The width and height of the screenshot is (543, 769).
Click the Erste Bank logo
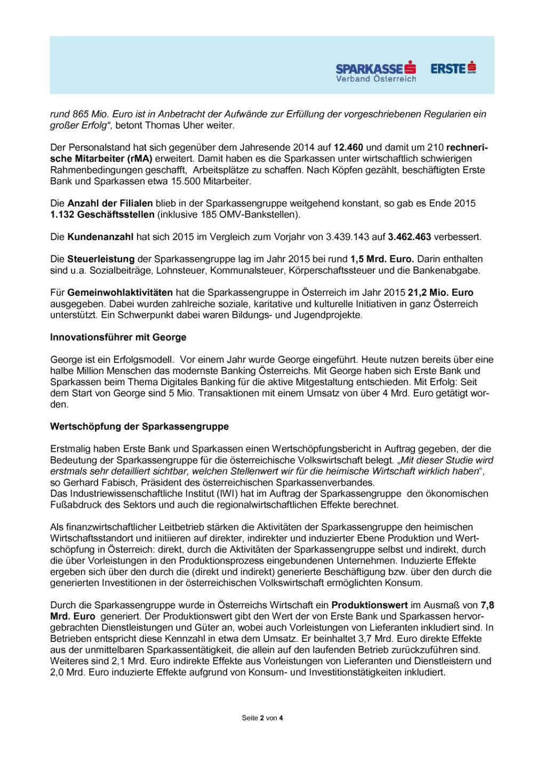pos(453,68)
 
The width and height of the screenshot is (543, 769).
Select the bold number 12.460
pos(348,147)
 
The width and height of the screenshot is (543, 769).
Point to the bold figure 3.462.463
pos(409,237)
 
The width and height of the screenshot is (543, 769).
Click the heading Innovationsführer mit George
pos(118,337)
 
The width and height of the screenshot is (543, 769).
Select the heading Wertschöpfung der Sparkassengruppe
pos(139,426)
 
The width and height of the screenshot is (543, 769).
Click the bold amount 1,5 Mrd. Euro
pos(381,259)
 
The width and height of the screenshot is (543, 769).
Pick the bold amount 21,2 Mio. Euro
pos(440,293)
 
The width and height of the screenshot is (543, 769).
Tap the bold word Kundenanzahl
pos(100,237)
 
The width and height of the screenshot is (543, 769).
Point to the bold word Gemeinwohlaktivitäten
pos(120,293)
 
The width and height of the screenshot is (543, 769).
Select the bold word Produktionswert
pos(369,605)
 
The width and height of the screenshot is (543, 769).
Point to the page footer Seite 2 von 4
pos(262,718)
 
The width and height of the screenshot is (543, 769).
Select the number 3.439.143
pos(348,237)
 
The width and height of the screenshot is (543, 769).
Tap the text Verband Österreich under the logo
pos(376,79)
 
